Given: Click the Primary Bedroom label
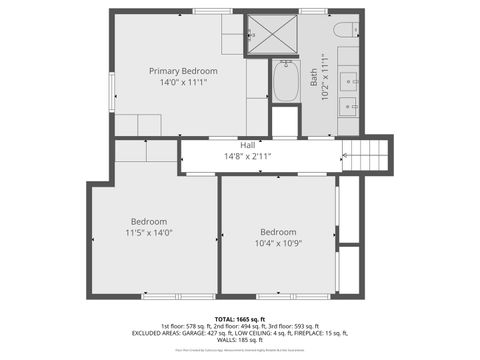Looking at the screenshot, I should point(183,71).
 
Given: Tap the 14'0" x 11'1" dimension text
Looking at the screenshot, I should point(183,83).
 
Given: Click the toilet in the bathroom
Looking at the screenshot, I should point(344,30).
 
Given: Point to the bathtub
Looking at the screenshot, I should point(285,82).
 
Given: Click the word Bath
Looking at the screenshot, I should point(314,77).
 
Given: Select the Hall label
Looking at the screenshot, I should point(247,145).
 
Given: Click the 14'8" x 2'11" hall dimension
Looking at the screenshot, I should point(247,156).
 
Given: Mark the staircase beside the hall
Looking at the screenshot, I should point(366,155).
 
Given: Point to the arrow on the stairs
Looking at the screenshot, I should point(347,155).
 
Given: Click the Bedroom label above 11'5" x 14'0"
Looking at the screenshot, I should point(149,221).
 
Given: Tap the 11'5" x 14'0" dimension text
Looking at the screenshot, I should point(149,232).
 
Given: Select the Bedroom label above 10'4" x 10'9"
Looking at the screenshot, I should point(278,232).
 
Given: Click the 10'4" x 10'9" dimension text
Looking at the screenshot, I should point(278,243).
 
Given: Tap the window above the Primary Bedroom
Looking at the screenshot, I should point(213,11).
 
